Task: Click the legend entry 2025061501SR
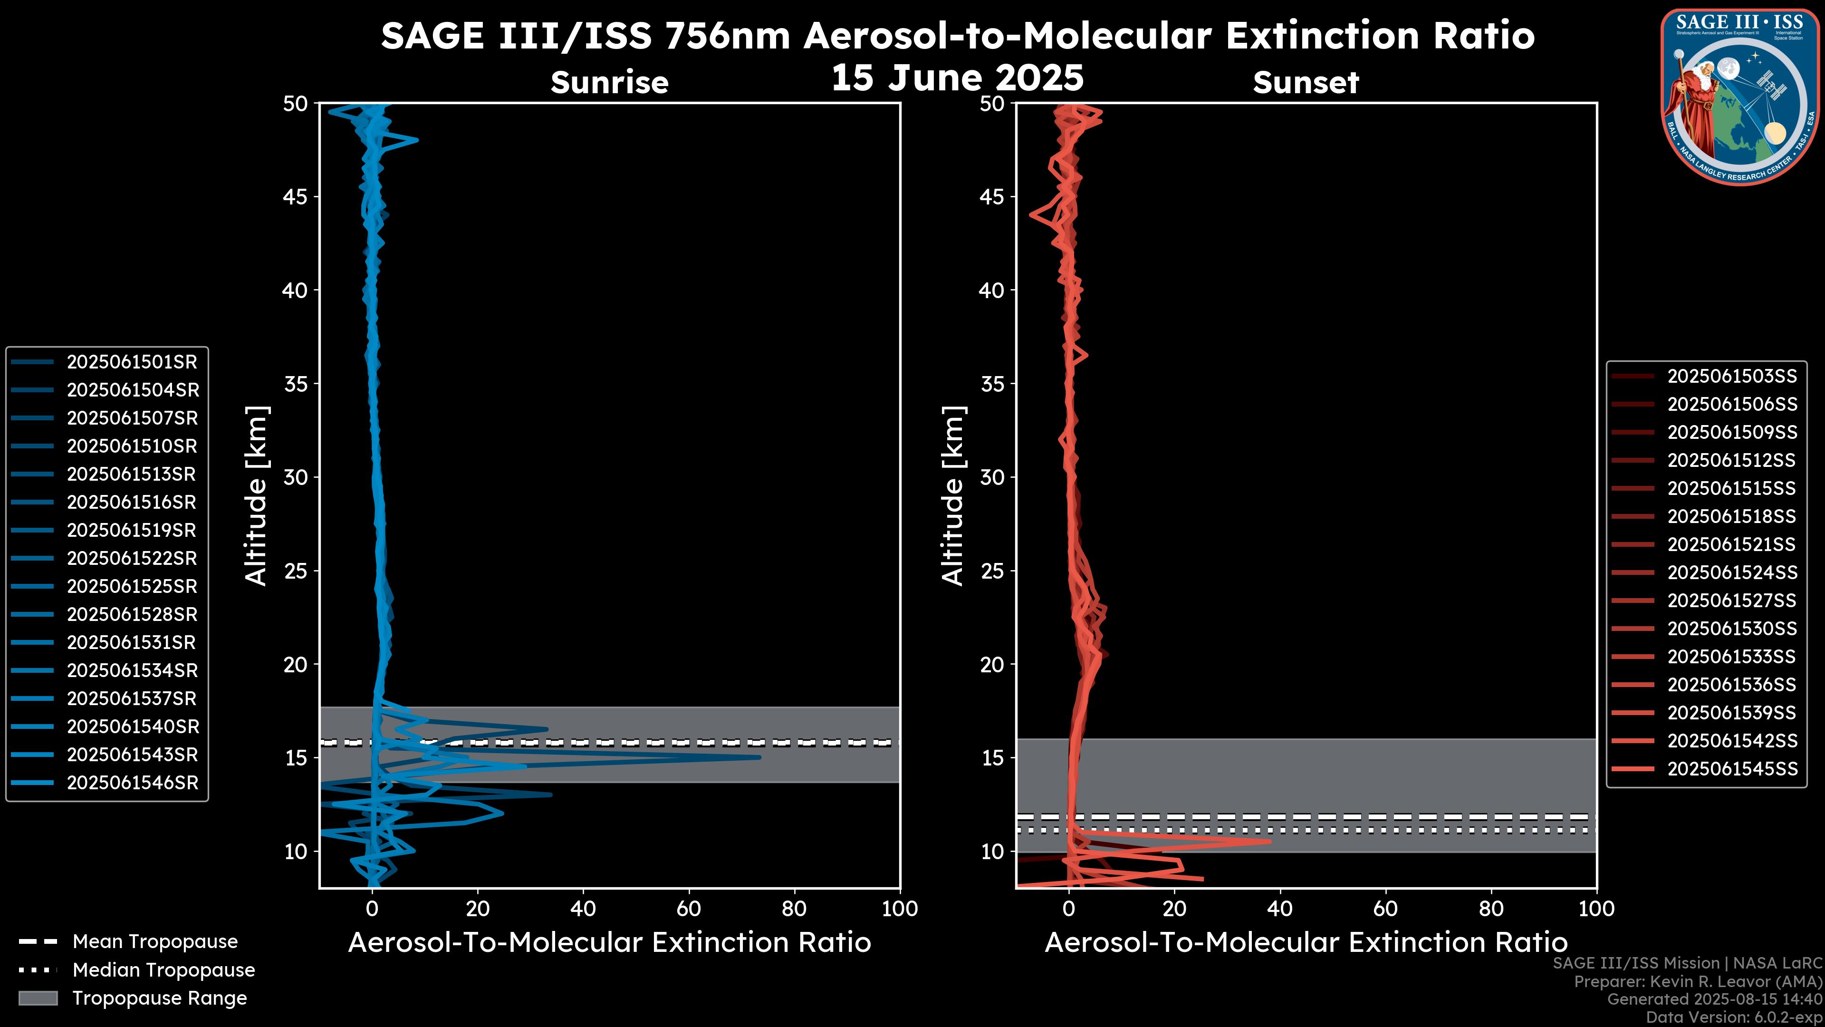pos(132,362)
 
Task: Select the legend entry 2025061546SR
pos(132,783)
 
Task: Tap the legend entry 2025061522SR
pos(132,559)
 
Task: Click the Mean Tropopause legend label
pos(154,942)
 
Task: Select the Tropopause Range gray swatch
pos(38,998)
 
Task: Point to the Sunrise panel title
pos(609,83)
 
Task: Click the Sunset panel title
pos(1306,83)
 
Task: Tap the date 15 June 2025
pos(957,77)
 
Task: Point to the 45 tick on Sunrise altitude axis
pos(296,197)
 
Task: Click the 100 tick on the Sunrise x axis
pos(899,909)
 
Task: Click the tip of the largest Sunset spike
pos(1270,841)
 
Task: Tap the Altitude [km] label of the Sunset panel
pos(953,495)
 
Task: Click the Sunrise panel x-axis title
pos(609,943)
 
